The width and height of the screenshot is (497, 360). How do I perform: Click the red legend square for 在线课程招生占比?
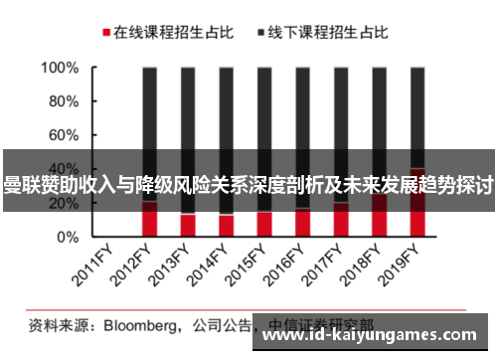(x=104, y=33)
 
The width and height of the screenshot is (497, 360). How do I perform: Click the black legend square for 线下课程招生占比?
(x=261, y=33)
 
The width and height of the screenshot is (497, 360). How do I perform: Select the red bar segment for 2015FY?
(x=264, y=225)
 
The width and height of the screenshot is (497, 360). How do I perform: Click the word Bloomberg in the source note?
(x=138, y=324)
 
